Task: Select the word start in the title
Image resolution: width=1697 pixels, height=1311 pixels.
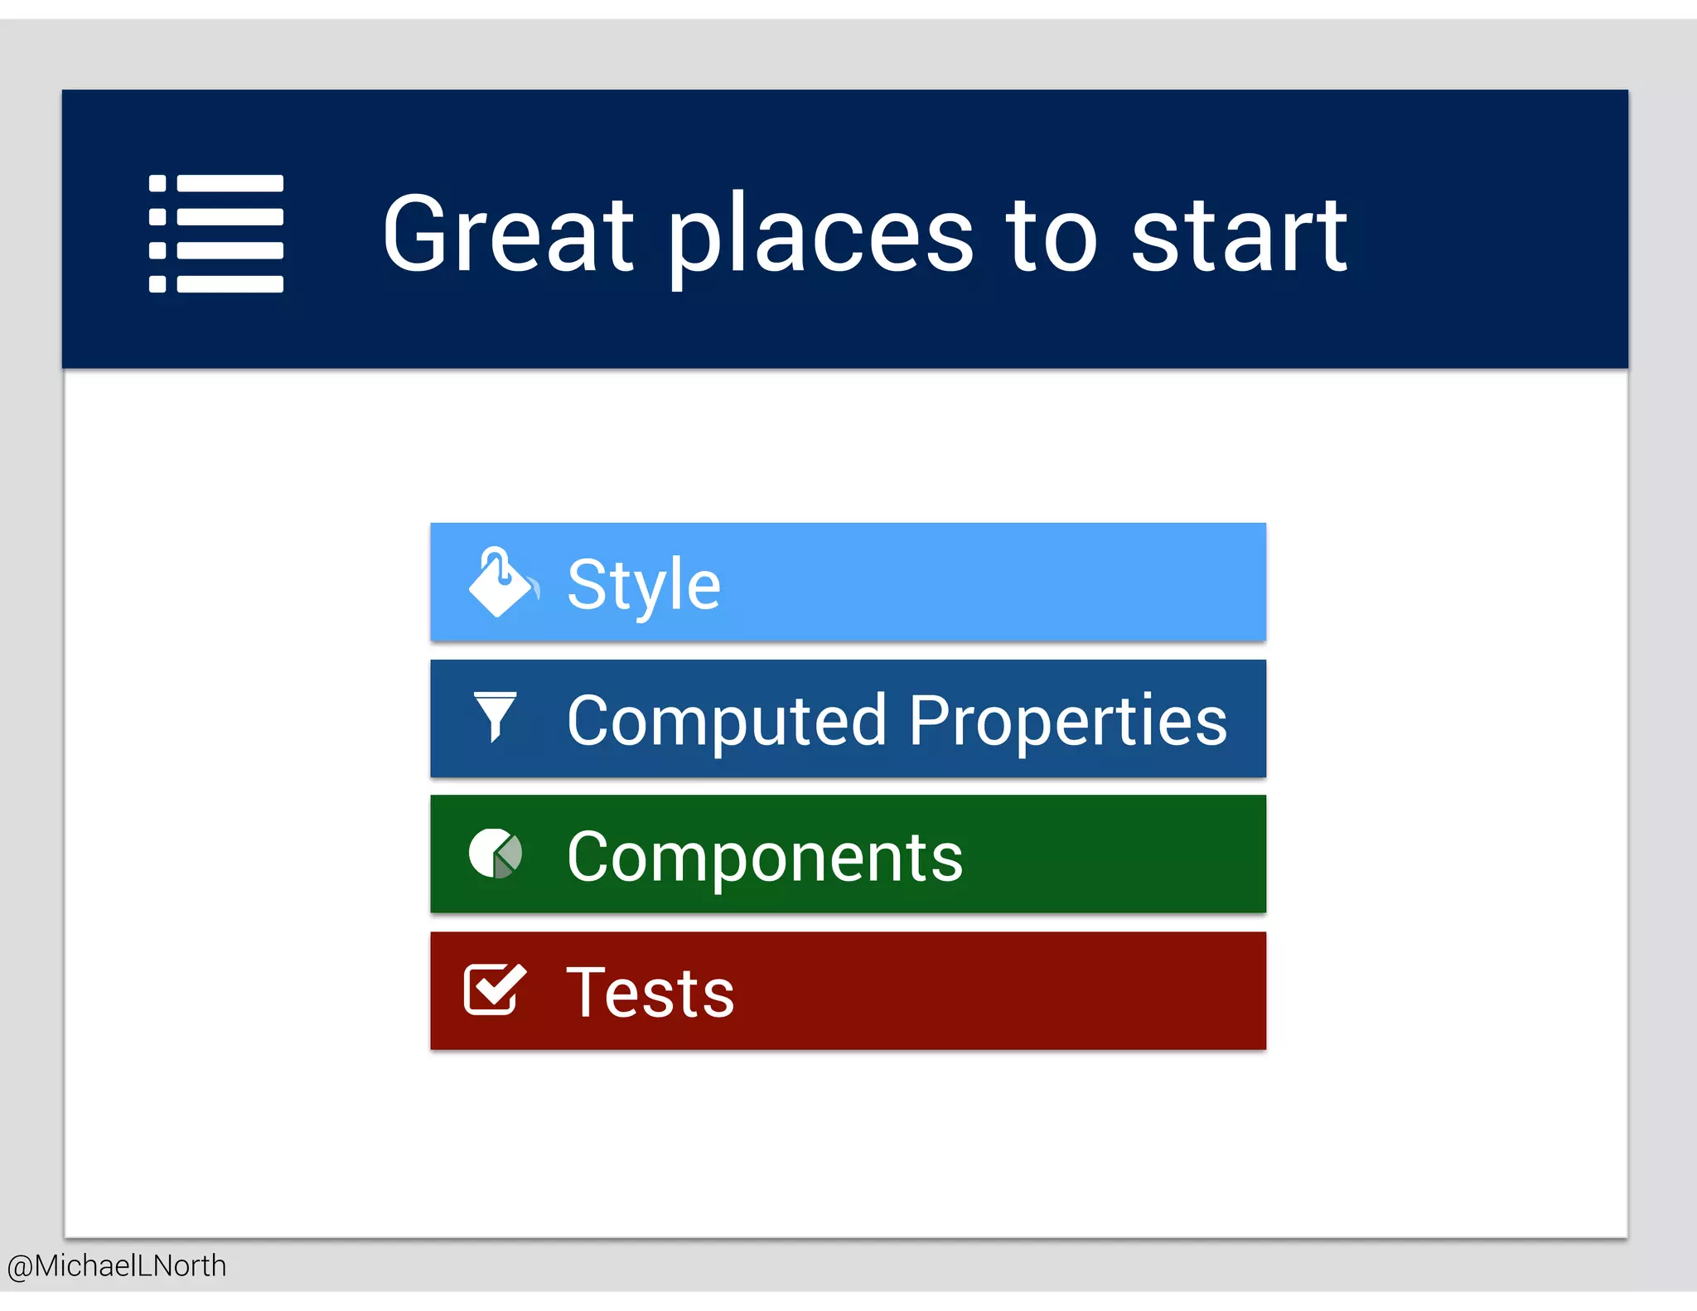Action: click(x=1239, y=235)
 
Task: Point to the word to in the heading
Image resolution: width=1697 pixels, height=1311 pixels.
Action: click(x=1052, y=235)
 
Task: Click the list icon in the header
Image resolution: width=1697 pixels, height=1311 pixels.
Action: click(x=216, y=234)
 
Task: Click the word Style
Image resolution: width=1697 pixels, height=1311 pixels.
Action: click(x=644, y=585)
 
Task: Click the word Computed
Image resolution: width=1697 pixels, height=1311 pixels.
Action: click(x=727, y=721)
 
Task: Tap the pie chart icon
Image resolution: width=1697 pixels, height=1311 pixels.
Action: click(x=496, y=854)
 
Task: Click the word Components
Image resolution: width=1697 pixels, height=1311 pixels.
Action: click(x=765, y=857)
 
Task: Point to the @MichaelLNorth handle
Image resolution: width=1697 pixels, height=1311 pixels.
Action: click(x=117, y=1265)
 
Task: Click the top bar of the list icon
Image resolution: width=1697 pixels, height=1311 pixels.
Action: click(x=230, y=183)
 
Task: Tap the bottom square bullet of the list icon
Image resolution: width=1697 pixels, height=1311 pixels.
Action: click(x=157, y=284)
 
